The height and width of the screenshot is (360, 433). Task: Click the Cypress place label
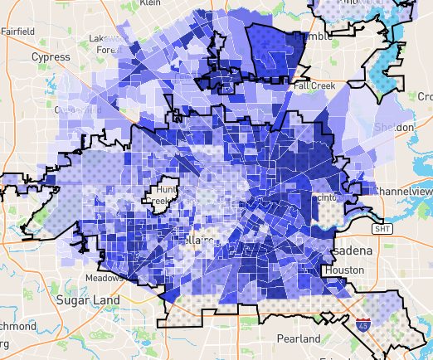pos(51,57)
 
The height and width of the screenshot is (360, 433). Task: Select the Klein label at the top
pos(149,3)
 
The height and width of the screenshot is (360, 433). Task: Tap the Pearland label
pos(299,339)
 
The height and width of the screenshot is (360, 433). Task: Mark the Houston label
pos(344,270)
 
